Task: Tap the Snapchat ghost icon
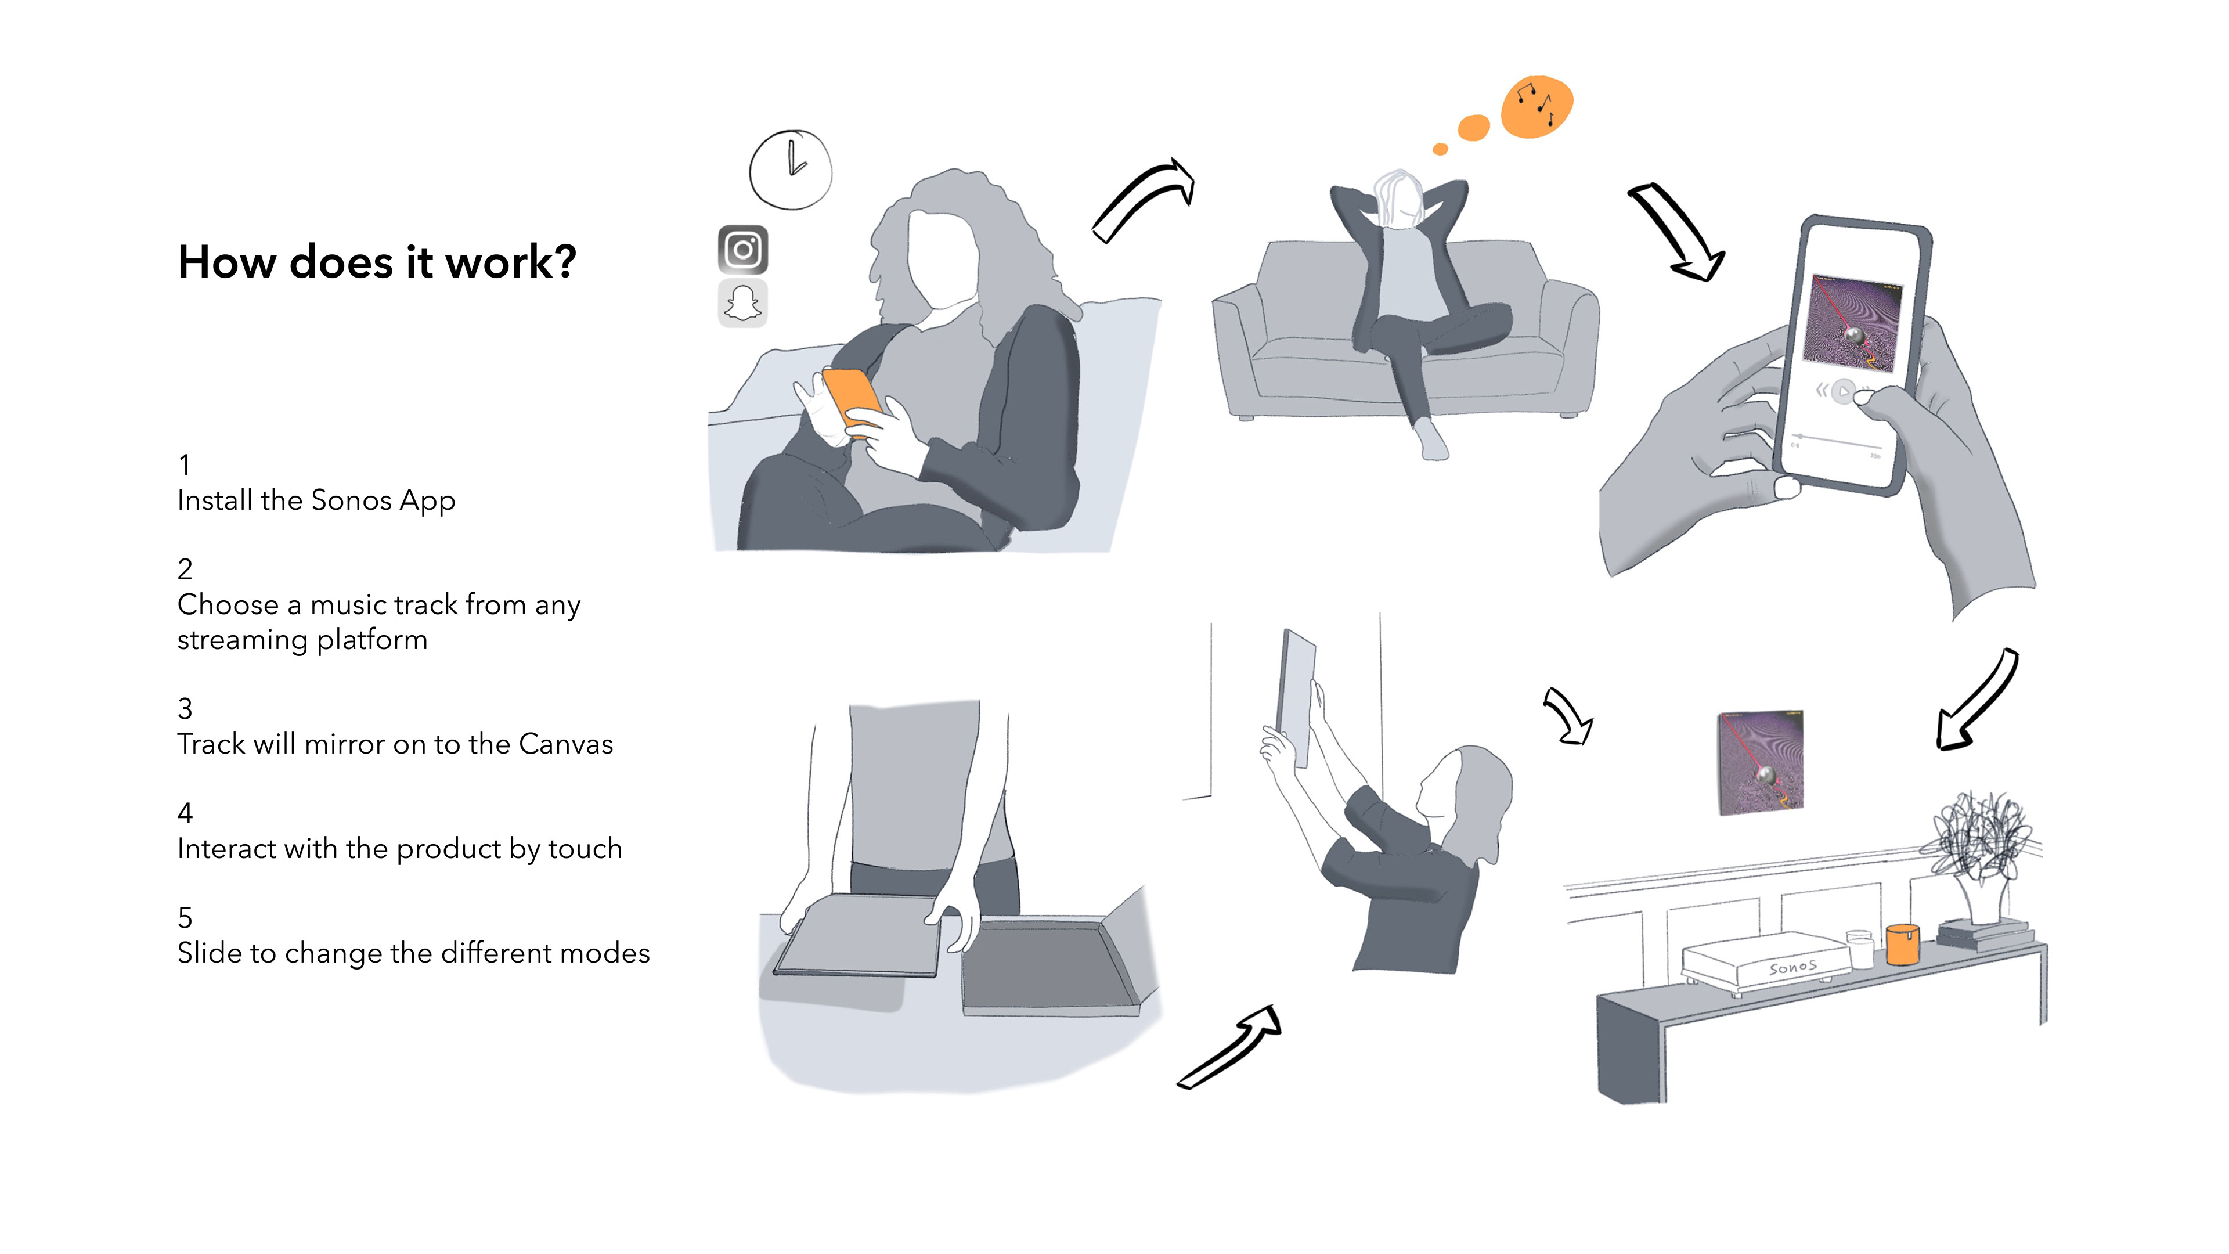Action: pos(742,303)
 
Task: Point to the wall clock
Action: pos(790,170)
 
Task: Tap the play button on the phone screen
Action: pos(1843,392)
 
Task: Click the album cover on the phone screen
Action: pos(1853,323)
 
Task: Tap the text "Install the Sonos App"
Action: pos(316,500)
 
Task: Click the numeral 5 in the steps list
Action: pos(185,917)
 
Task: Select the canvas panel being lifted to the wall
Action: pos(1296,697)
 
